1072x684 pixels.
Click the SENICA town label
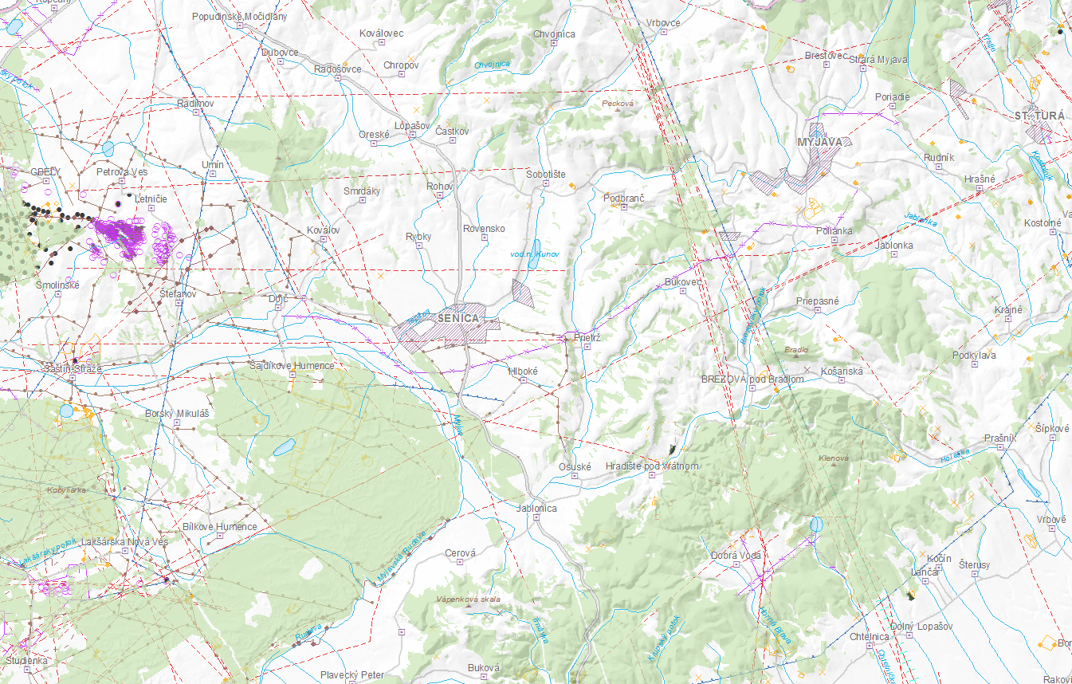pyautogui.click(x=458, y=318)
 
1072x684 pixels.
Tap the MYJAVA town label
pyautogui.click(x=819, y=142)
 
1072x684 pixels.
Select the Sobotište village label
pyautogui.click(x=546, y=173)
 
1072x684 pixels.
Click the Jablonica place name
pyautogui.click(x=536, y=508)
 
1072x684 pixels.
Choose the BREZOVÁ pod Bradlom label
pyautogui.click(x=752, y=379)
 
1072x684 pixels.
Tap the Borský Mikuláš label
pyautogui.click(x=177, y=414)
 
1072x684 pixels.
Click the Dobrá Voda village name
pyautogui.click(x=736, y=555)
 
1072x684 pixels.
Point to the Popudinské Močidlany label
pyautogui.click(x=240, y=16)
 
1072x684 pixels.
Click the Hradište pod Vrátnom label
pyautogui.click(x=652, y=466)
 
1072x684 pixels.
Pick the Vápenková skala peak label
pyautogui.click(x=468, y=599)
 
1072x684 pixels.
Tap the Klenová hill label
pyautogui.click(x=834, y=458)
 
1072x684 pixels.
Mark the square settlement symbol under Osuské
pyautogui.click(x=574, y=476)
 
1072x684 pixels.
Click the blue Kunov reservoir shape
pyautogui.click(x=536, y=248)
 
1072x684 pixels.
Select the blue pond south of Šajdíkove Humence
pyautogui.click(x=285, y=446)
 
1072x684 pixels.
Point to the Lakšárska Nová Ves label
pyautogui.click(x=124, y=541)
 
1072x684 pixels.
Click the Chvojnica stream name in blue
pyautogui.click(x=492, y=65)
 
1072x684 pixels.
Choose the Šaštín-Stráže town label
pyautogui.click(x=73, y=369)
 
